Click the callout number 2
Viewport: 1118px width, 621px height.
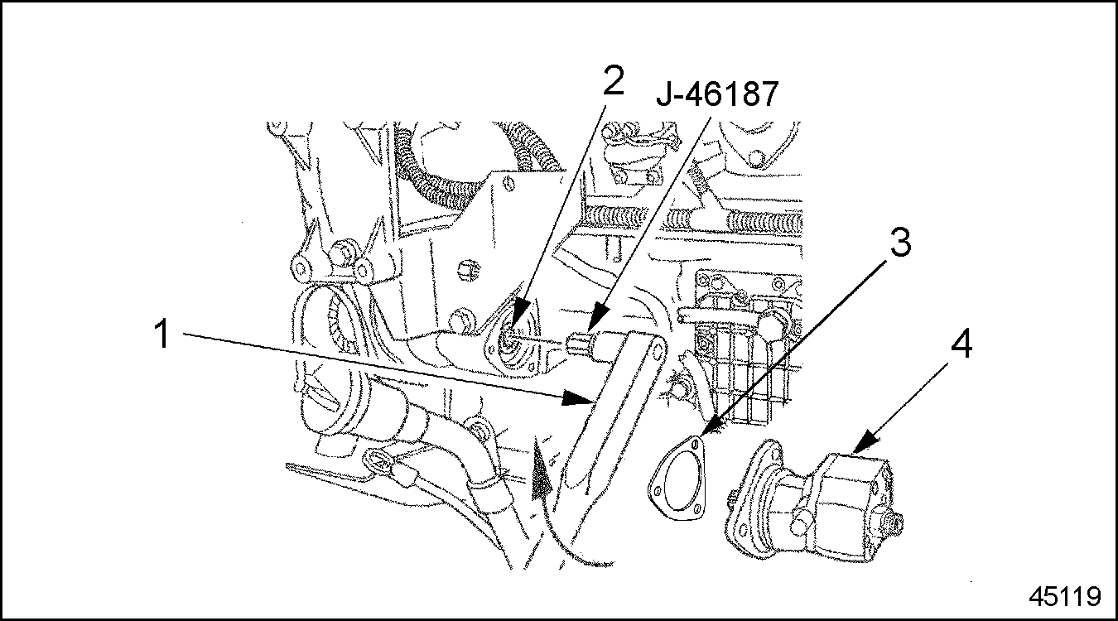[x=614, y=81]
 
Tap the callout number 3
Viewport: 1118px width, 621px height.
[x=901, y=243]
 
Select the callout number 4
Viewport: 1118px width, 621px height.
[x=961, y=344]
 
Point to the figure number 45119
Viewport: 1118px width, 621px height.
[x=1065, y=596]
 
